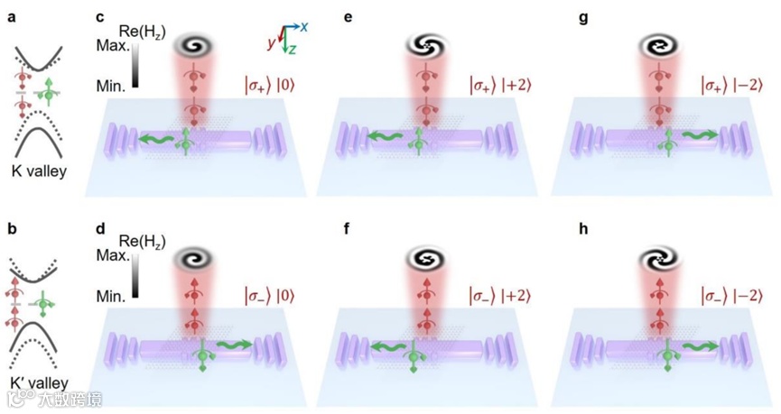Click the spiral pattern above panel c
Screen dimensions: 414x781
(193, 44)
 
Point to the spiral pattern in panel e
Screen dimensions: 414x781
(424, 44)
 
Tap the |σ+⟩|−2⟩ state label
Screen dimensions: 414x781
(739, 87)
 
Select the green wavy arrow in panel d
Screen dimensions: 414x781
(231, 344)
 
